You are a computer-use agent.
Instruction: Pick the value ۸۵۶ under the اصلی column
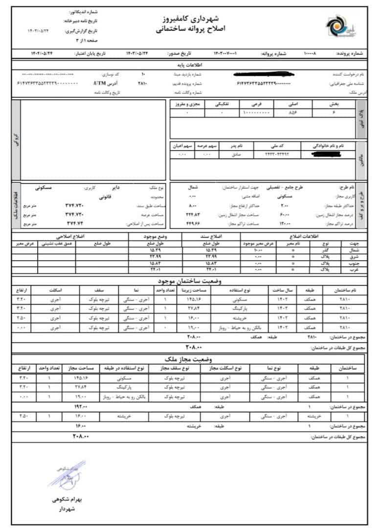(292, 112)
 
